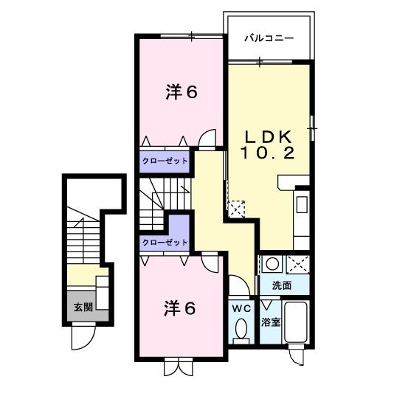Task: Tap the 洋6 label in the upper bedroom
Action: pos(181,92)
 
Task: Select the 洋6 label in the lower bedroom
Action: pos(179,308)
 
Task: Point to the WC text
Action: pos(241,308)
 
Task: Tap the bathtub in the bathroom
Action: pos(297,322)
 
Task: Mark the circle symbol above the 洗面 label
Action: pos(272,263)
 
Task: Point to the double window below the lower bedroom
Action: pos(178,365)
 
